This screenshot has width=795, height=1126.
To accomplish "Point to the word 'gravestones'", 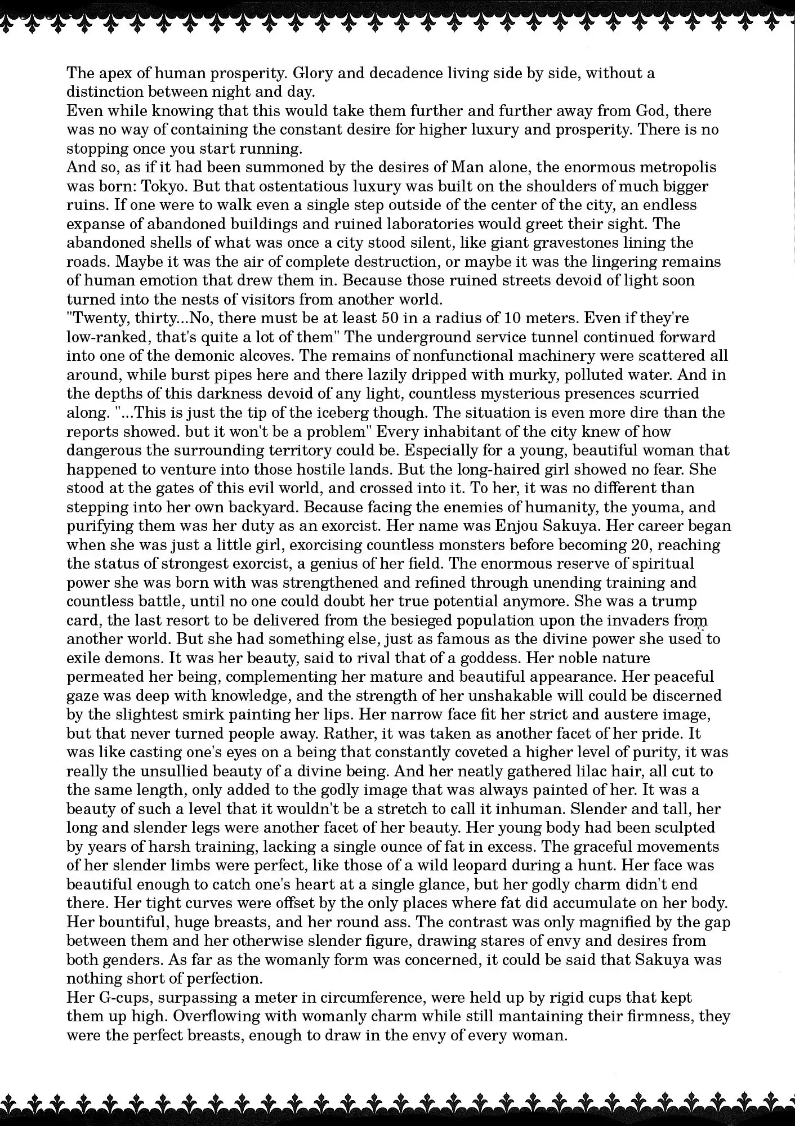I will click(571, 243).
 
